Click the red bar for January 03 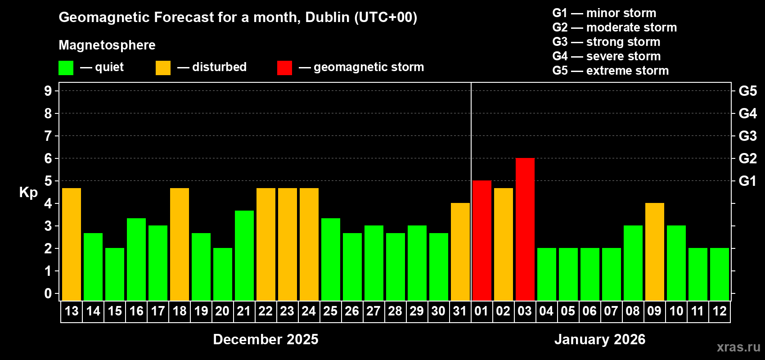pos(525,229)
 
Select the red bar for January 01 pos(482,241)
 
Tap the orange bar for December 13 pos(72,244)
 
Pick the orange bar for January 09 pos(655,252)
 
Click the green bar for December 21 pos(244,256)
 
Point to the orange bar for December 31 pos(460,252)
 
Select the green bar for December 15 pos(115,274)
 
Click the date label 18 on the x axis pos(180,311)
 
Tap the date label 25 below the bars pos(330,311)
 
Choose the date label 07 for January pos(611,311)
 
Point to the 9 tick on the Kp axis pos(48,91)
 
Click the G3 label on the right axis pos(747,136)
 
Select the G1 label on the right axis pos(747,181)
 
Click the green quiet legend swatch pos(66,68)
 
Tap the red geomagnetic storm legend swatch pos(284,68)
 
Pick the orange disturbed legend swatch pos(163,68)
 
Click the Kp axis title pos(28,193)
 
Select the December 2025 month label pos(265,339)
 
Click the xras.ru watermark pos(738,347)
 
